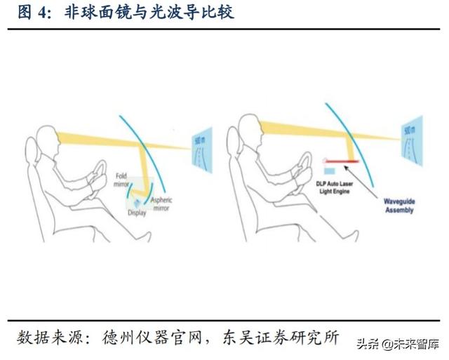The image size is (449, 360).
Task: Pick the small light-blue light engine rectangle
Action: tap(327, 170)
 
